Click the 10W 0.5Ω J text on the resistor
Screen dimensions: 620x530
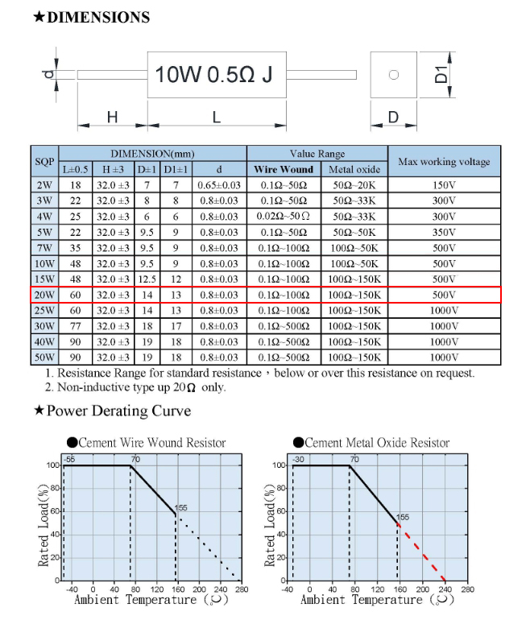[x=214, y=75]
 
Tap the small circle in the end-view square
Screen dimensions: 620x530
[x=394, y=75]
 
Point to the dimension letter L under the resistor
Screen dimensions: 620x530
[x=217, y=118]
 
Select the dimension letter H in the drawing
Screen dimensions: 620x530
[x=112, y=118]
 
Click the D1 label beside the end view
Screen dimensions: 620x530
[x=441, y=75]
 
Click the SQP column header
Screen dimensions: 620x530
[x=44, y=162]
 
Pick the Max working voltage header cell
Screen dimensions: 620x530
[x=444, y=162]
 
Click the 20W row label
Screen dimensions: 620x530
[x=44, y=295]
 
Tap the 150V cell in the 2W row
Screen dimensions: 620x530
[x=444, y=185]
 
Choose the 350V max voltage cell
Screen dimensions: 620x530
[x=444, y=232]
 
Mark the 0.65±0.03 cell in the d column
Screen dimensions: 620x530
[x=218, y=185]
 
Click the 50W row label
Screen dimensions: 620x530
[x=44, y=357]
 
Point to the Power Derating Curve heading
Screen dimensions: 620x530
[x=118, y=411]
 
